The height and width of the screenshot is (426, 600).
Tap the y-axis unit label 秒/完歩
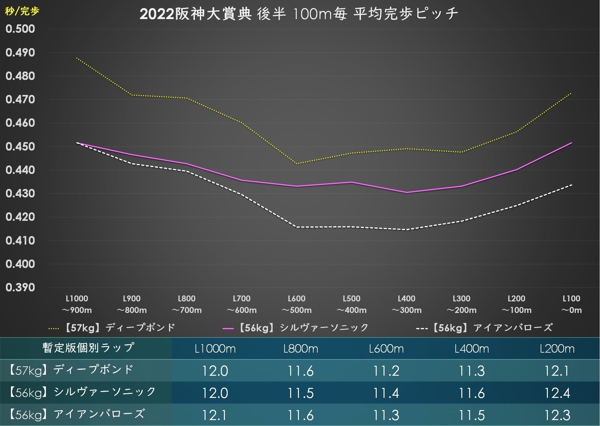[x=22, y=11]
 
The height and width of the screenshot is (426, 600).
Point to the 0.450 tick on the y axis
[x=20, y=146]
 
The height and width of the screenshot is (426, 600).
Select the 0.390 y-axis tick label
[x=20, y=287]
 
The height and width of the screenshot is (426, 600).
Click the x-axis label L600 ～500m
[x=296, y=304]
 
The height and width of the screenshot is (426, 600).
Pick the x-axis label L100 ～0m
[x=571, y=304]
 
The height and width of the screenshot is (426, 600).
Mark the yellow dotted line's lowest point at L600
[x=297, y=164]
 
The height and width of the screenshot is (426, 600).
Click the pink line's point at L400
[x=407, y=192]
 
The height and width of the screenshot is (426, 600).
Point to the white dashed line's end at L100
[x=571, y=185]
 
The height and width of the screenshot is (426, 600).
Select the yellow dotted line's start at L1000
[x=77, y=58]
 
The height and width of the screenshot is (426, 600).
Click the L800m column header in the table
[x=300, y=349]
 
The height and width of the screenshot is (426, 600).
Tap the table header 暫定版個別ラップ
[x=88, y=348]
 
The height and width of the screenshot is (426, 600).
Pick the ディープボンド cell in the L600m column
[x=386, y=371]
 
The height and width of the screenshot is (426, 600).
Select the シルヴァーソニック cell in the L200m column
[x=557, y=393]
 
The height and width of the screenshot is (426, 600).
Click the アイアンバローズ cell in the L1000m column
[x=215, y=415]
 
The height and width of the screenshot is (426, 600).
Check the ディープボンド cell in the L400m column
[x=472, y=371]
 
